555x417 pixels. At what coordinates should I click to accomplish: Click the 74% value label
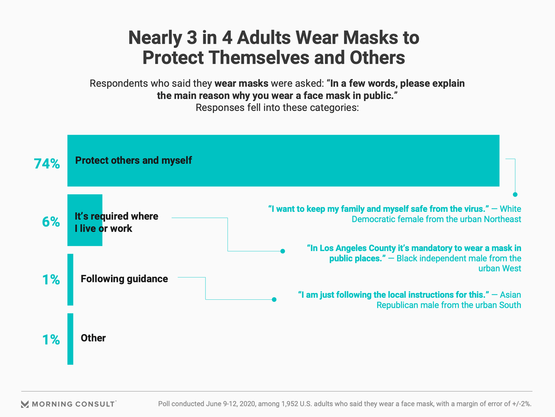47,164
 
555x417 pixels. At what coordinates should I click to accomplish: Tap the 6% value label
51,222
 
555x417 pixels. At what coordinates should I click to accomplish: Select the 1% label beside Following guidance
51,280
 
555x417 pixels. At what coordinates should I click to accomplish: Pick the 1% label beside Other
51,339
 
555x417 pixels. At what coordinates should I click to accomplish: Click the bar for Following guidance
70,279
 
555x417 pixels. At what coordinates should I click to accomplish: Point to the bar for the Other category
70,339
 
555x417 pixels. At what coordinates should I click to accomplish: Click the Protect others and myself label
134,160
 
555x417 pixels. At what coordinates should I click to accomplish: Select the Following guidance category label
124,279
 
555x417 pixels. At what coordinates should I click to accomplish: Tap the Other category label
93,338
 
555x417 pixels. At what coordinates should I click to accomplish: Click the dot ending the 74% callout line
515,195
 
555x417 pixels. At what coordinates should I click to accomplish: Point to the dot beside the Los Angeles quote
283,251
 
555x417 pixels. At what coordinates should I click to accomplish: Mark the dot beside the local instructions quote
274,299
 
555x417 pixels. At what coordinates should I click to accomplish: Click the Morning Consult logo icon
25,404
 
